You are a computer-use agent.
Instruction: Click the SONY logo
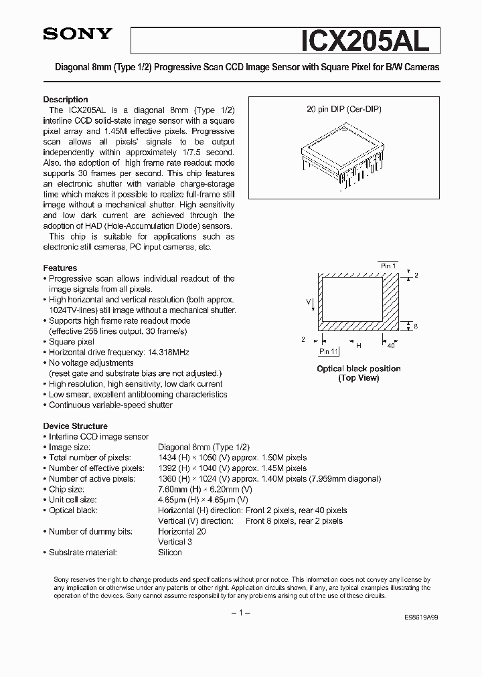click(x=78, y=35)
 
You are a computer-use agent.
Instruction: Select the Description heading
click(x=66, y=100)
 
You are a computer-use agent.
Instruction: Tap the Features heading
click(x=60, y=268)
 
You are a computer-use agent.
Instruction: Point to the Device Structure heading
click(x=75, y=425)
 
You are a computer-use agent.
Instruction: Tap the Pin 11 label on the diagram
click(x=329, y=351)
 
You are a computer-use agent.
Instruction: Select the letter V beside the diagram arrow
click(x=309, y=301)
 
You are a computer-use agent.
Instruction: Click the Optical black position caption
click(x=358, y=369)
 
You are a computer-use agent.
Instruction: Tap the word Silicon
click(x=169, y=552)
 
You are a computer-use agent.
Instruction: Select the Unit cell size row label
click(x=72, y=500)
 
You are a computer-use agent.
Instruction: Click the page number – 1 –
click(x=240, y=613)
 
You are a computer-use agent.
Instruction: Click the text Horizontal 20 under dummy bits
click(x=181, y=531)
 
